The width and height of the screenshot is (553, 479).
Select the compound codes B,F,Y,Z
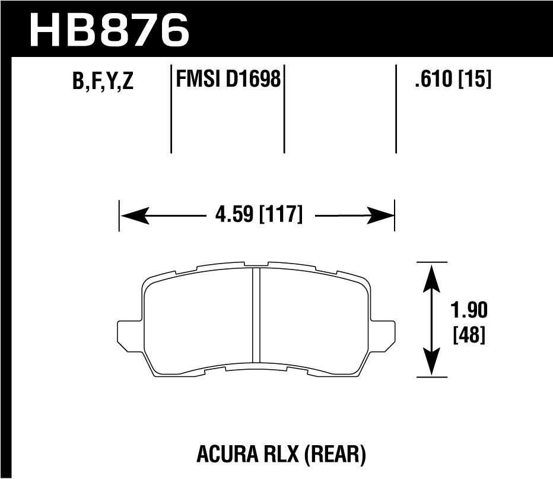tap(103, 81)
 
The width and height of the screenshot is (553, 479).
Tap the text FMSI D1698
tap(228, 78)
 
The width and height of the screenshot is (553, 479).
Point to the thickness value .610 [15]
tap(453, 78)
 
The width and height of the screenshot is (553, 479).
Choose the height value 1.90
tap(469, 310)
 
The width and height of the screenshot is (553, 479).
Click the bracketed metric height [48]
tap(469, 336)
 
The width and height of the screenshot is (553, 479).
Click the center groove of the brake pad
tap(257, 315)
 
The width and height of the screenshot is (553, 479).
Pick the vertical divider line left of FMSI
tap(171, 110)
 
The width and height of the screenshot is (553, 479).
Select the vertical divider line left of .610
tap(396, 110)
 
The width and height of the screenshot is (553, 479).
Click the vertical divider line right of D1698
tap(284, 110)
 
